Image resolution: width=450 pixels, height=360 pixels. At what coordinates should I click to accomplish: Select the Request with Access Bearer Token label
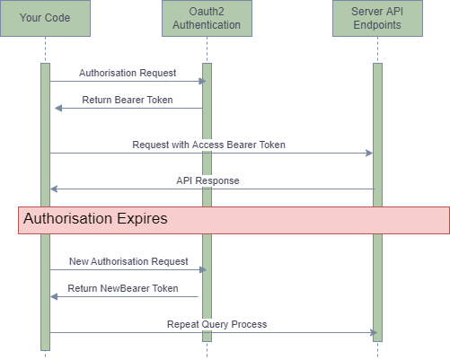click(x=208, y=145)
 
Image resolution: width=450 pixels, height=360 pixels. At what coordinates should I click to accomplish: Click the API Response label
click(x=207, y=180)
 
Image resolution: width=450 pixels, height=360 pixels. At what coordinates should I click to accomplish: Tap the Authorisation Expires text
click(x=95, y=219)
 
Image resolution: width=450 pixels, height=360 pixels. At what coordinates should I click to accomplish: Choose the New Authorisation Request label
click(x=128, y=261)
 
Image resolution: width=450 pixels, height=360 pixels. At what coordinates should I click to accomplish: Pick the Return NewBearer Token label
click(x=123, y=289)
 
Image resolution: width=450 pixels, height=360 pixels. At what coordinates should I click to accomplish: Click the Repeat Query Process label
click(x=216, y=324)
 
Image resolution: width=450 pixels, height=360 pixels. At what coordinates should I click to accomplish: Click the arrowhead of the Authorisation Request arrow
click(x=204, y=82)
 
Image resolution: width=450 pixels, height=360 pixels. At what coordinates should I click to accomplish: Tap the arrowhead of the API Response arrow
click(x=53, y=189)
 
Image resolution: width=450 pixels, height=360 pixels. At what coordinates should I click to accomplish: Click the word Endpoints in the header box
click(x=376, y=25)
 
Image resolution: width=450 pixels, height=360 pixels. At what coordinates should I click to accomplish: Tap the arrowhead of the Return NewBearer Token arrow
click(x=53, y=296)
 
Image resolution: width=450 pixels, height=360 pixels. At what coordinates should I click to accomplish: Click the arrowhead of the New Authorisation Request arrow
click(x=204, y=269)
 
